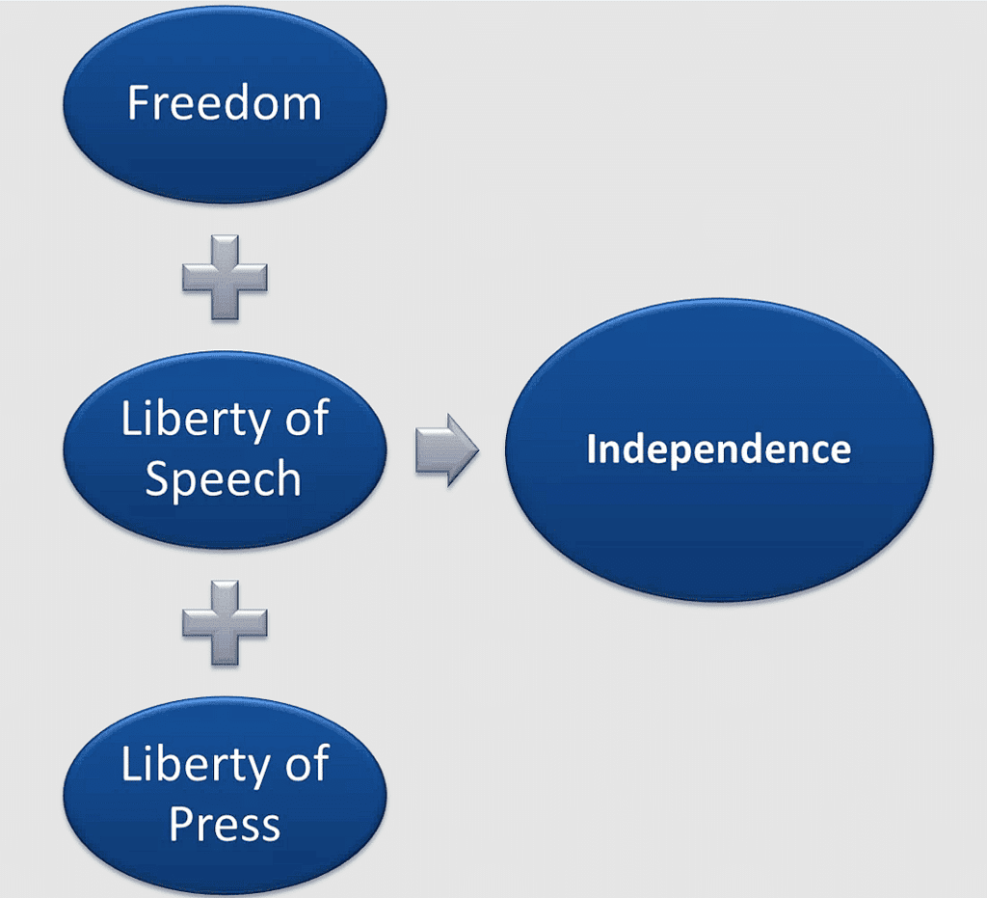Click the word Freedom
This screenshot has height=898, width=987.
coord(225,103)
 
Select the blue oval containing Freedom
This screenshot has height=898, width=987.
coord(225,104)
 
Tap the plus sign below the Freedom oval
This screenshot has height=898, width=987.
coord(225,277)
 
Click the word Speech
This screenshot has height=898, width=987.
coord(224,479)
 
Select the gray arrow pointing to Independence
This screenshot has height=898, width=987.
coord(447,450)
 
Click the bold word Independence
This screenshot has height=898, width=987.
coord(718,450)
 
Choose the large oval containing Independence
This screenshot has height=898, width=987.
coord(719,449)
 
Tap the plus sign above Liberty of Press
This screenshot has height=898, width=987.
coord(225,623)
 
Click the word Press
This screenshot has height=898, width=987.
coord(225,824)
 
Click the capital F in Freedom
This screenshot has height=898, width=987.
coord(138,103)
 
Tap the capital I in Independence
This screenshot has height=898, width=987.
coord(591,449)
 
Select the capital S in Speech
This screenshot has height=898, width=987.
coord(157,478)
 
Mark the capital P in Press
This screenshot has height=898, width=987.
coord(180,824)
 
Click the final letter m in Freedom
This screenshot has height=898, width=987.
coord(303,108)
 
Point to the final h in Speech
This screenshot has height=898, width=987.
coord(290,478)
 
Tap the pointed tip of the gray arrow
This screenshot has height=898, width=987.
coord(478,450)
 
